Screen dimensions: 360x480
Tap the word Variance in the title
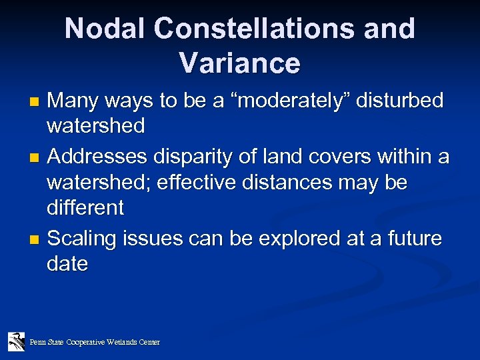click(x=239, y=63)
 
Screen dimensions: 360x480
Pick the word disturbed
click(x=402, y=101)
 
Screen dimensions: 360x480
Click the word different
click(x=85, y=208)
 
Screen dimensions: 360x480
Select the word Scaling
click(x=81, y=238)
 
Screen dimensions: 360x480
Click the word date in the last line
click(x=67, y=264)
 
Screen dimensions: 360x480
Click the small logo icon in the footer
click(x=16, y=341)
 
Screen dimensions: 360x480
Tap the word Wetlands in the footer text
click(x=121, y=342)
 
